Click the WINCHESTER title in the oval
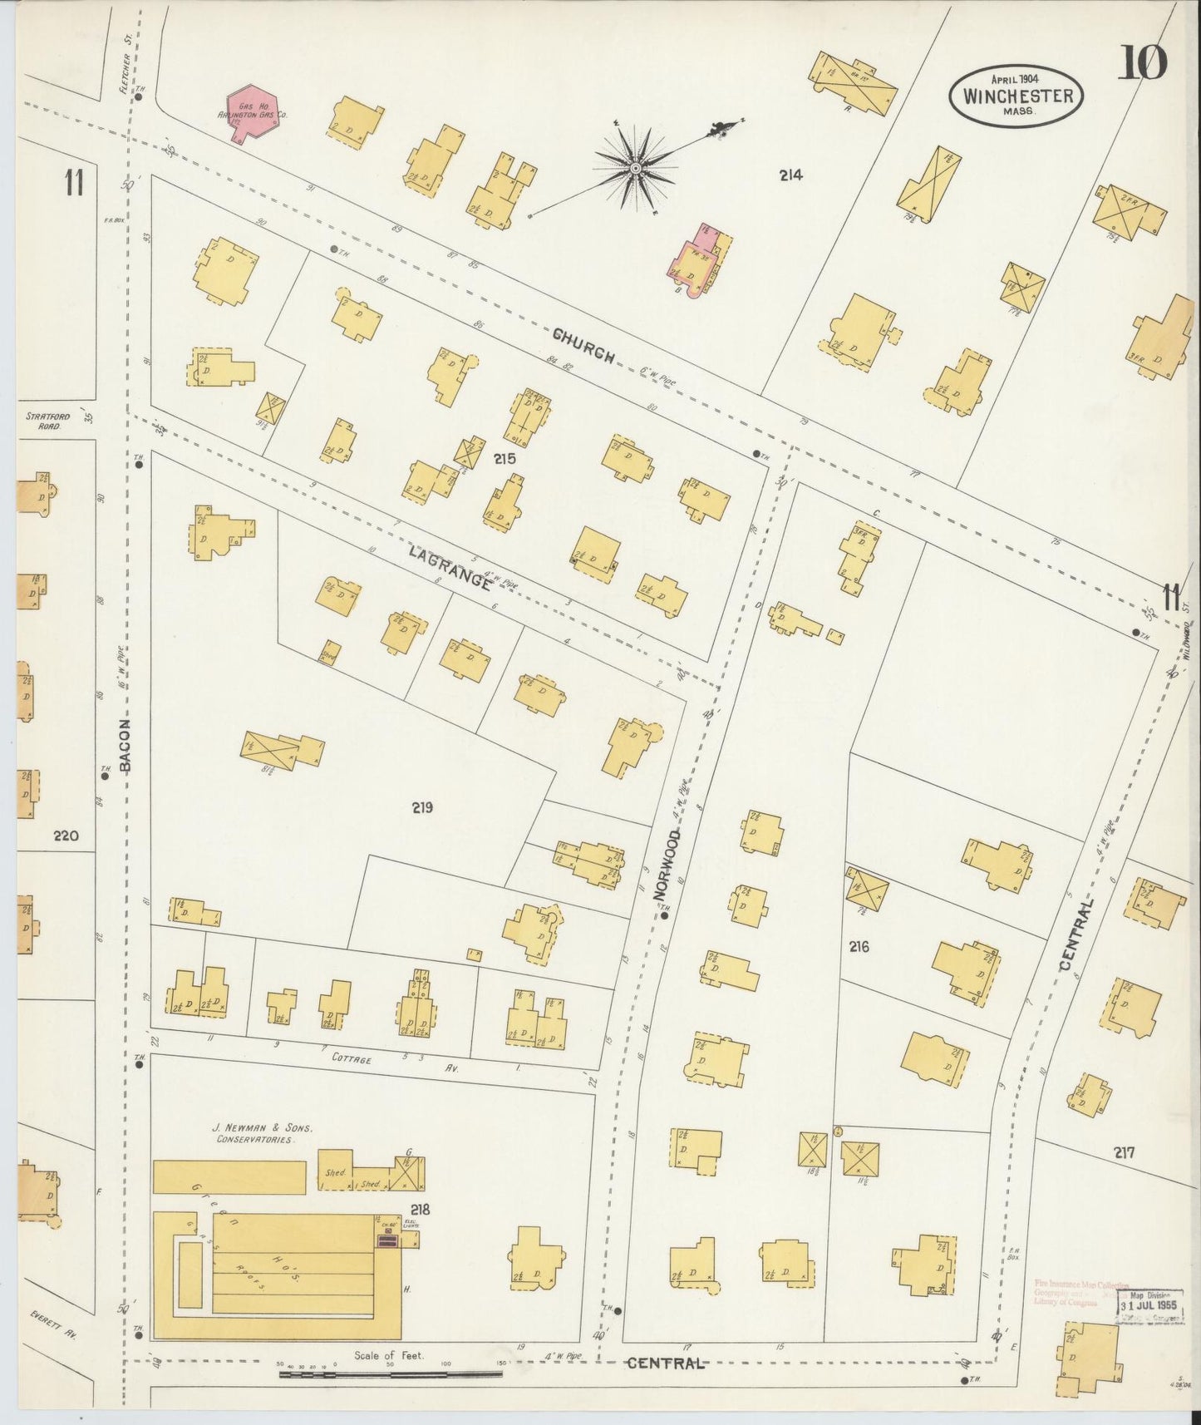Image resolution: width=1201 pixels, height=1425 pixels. coord(1017,95)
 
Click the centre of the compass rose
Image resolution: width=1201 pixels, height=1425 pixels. coord(635,169)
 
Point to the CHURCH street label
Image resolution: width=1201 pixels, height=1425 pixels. coord(585,344)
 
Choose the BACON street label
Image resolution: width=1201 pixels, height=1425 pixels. coord(126,746)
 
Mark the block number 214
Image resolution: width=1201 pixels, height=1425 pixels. coord(790,175)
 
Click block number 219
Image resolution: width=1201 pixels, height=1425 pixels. coord(422,806)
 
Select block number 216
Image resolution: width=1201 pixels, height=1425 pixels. coord(859,946)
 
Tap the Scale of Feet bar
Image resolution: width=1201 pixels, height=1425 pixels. coord(391,1373)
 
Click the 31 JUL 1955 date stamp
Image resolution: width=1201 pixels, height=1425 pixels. coord(1149,1304)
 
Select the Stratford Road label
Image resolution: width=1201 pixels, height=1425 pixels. coord(43,421)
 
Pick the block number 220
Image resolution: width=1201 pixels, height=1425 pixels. coord(65,835)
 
